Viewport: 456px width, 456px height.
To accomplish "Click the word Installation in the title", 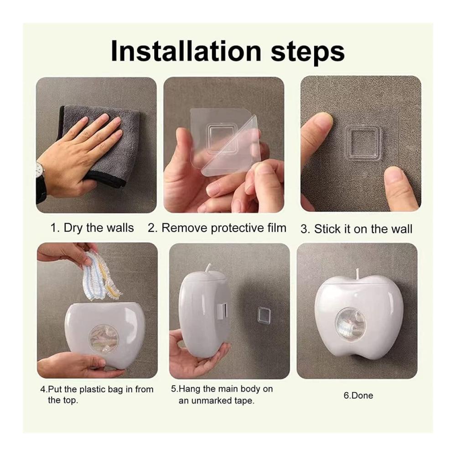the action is coord(186,51).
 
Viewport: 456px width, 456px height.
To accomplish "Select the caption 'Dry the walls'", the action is coord(98,228).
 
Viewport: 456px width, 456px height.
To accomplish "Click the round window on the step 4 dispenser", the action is coord(104,338).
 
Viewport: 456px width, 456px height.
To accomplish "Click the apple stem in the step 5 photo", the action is coord(209,269).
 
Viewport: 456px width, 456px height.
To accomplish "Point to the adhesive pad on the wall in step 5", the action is coord(264,315).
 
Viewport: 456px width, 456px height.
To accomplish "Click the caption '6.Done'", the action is coord(358,395).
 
